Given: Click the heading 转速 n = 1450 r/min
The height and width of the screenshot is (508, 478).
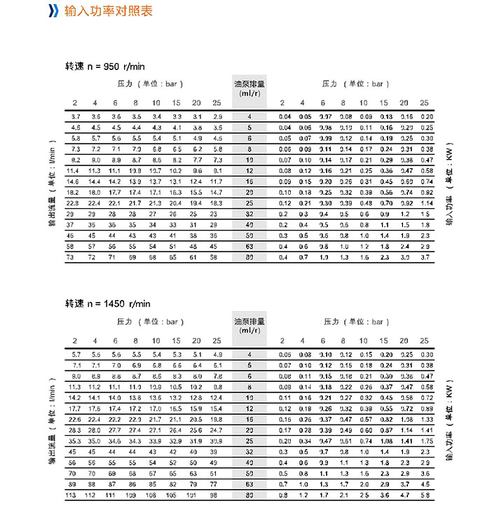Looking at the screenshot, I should click(x=107, y=303).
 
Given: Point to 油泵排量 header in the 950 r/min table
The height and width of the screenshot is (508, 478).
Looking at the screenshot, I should click(x=248, y=88).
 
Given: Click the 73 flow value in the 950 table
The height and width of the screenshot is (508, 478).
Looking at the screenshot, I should click(x=76, y=258).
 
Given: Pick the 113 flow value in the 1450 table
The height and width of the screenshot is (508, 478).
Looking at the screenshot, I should click(x=76, y=495).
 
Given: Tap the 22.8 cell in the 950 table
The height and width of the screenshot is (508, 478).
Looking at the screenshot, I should click(x=76, y=203).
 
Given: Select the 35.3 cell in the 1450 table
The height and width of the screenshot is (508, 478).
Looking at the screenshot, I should click(x=76, y=440).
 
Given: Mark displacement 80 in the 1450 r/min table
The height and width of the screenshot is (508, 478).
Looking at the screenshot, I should click(x=248, y=495).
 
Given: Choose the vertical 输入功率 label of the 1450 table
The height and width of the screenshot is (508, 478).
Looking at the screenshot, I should click(x=448, y=423).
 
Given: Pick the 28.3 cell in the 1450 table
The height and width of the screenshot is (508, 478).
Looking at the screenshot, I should click(x=76, y=430).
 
